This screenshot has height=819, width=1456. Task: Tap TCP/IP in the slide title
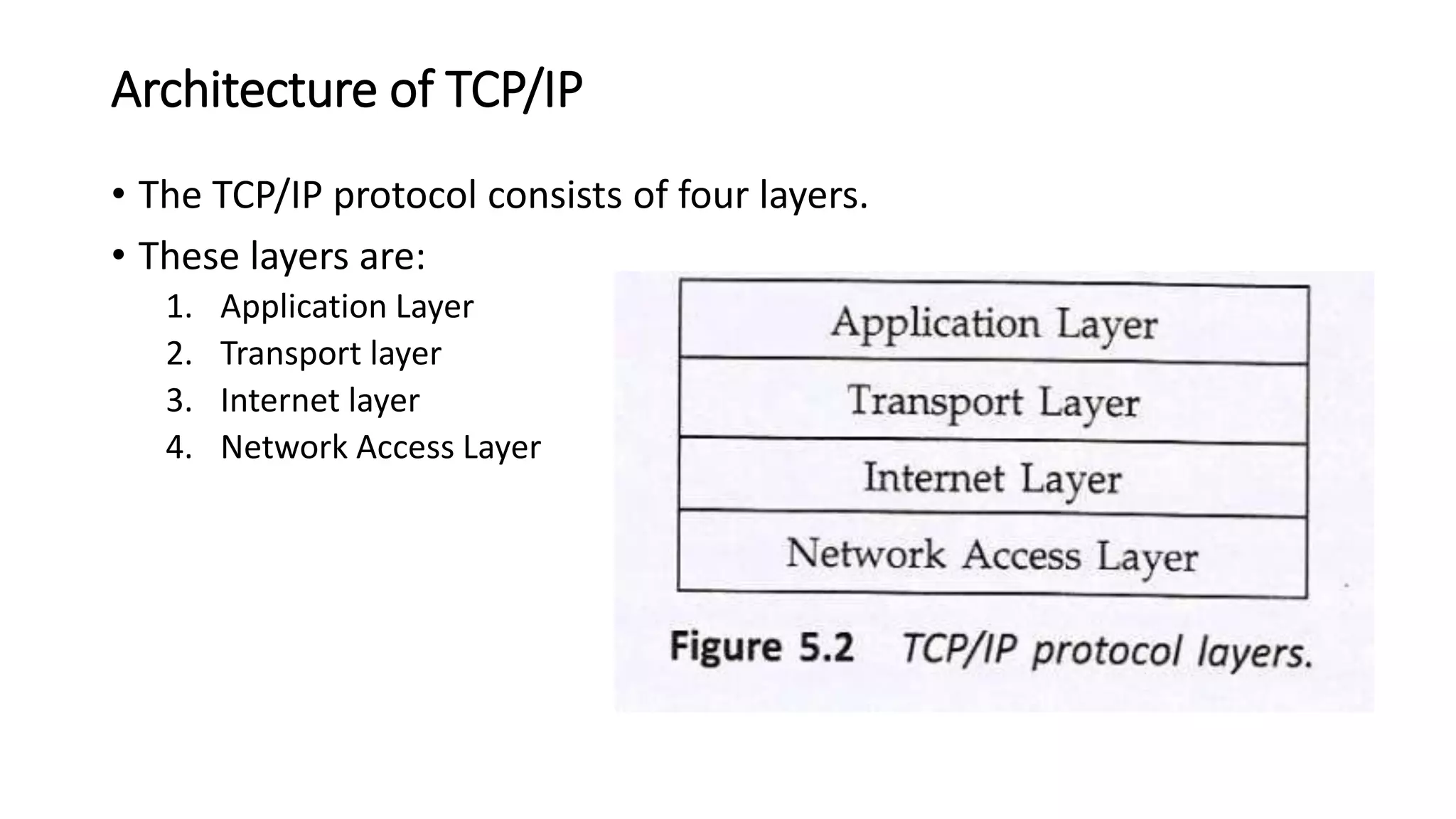coord(513,90)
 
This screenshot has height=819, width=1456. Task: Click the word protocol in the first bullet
coord(405,195)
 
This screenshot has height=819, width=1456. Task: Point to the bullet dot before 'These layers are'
coord(119,255)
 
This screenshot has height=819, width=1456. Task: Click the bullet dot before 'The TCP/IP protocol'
coord(119,193)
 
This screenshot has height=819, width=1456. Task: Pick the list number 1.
coord(178,306)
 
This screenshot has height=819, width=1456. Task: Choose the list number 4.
coord(178,447)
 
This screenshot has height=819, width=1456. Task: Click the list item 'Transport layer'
coord(331,353)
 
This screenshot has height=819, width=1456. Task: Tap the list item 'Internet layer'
coord(320,400)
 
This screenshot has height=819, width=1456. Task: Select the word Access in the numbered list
coord(405,447)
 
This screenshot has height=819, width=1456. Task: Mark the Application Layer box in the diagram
coord(993,323)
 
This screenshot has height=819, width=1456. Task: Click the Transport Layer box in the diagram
coord(993,402)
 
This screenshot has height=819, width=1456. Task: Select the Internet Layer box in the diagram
coord(993,478)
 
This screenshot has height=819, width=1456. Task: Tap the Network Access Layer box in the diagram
coord(993,555)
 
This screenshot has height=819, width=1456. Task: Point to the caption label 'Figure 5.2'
coord(761,648)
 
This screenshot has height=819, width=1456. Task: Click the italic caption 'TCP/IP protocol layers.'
coord(1107,651)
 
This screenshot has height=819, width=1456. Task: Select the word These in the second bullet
coord(188,256)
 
